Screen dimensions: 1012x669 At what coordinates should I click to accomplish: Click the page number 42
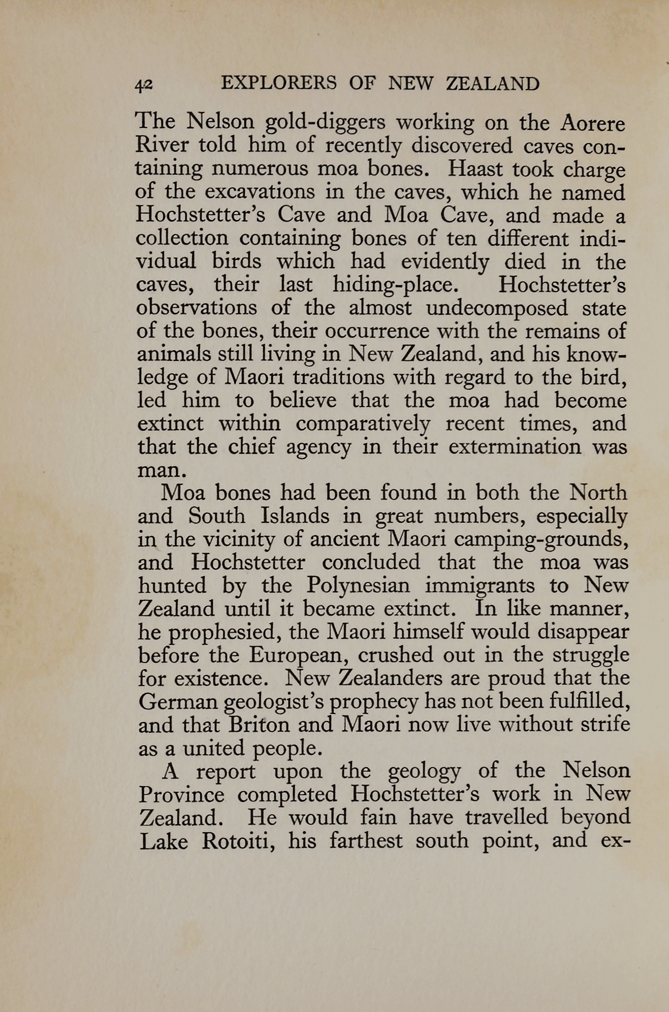(143, 84)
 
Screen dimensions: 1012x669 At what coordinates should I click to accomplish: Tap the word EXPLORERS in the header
(279, 83)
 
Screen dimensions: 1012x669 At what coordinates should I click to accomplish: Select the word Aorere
(593, 123)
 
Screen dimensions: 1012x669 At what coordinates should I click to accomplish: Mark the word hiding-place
(395, 285)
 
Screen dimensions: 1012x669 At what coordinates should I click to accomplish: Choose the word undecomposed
(497, 307)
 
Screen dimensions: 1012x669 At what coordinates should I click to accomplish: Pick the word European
(299, 655)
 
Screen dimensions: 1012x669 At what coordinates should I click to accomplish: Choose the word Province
(181, 794)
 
